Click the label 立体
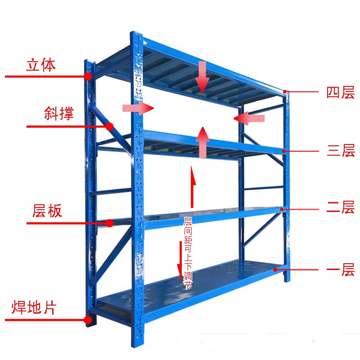[41, 65]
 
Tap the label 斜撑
[59, 113]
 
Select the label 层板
[47, 211]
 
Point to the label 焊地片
[34, 308]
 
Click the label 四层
[341, 93]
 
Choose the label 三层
[341, 151]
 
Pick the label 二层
[341, 208]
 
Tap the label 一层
[341, 271]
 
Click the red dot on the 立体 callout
[88, 77]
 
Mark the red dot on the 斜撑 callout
[109, 126]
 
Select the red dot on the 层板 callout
[109, 223]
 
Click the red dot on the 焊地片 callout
[88, 320]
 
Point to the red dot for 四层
[285, 92]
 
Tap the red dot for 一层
[276, 270]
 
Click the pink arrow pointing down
[202, 77]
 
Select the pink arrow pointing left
[249, 118]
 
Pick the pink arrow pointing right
[138, 108]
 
